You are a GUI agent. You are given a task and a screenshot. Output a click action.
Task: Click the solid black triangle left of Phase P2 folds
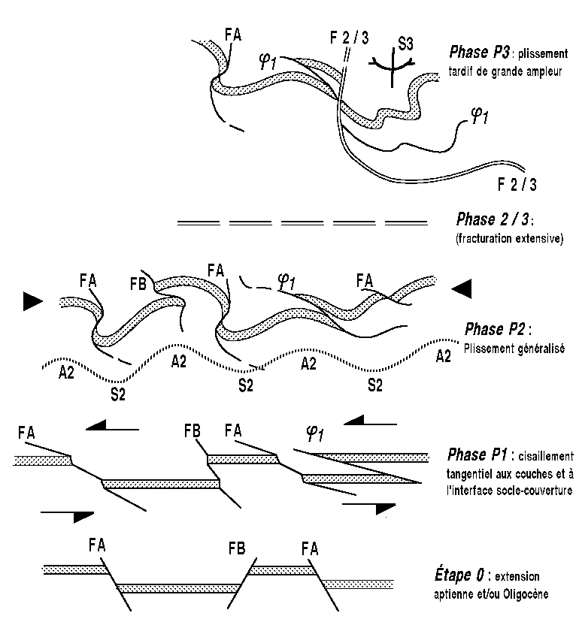(32, 301)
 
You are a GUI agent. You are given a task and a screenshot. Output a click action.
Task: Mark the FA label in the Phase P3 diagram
(233, 35)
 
